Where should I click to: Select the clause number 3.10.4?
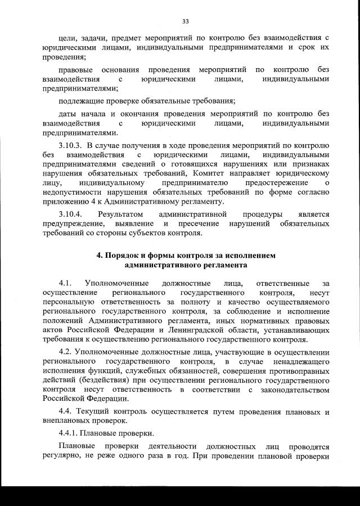click(71, 214)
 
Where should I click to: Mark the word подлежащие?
click(81, 101)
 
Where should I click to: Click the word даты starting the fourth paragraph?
click(67, 113)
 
